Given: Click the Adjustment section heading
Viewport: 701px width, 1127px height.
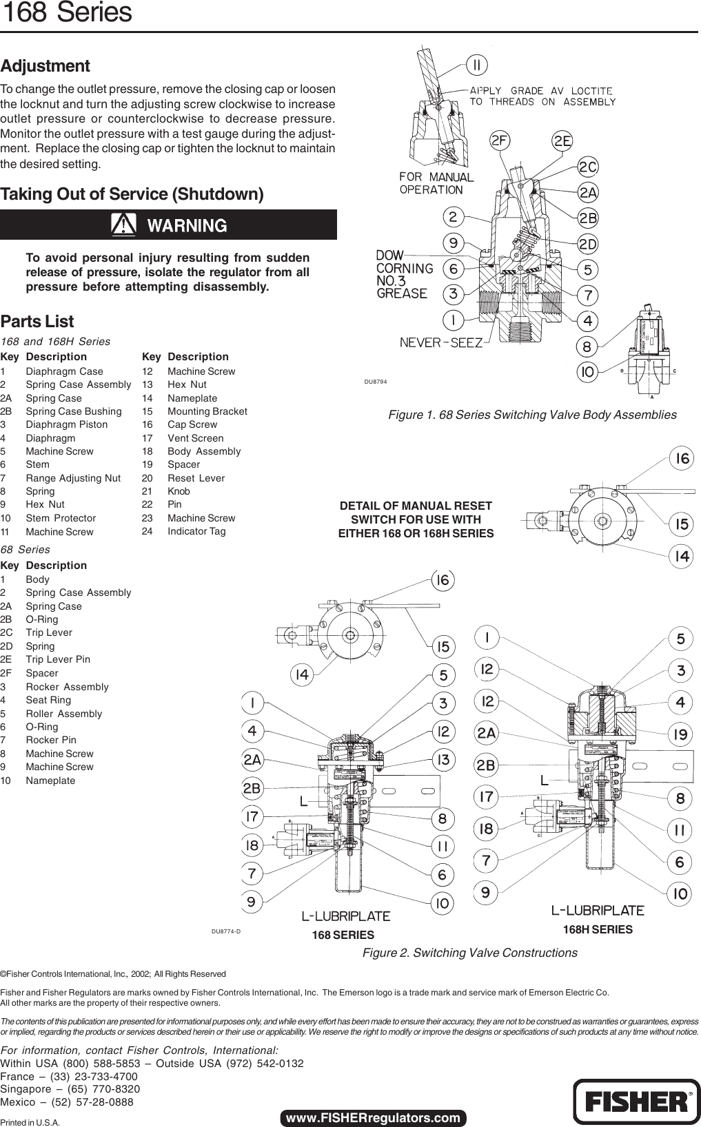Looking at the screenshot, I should [x=45, y=66].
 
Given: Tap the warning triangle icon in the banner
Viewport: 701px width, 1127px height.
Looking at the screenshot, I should [x=123, y=225].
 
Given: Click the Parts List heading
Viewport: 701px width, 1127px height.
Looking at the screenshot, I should [x=37, y=322].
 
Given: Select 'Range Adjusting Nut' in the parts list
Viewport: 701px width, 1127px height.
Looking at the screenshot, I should [x=73, y=478].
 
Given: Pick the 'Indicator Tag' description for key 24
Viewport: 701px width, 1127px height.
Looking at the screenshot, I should [x=196, y=531].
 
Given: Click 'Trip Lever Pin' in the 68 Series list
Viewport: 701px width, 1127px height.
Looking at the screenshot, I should [x=58, y=659].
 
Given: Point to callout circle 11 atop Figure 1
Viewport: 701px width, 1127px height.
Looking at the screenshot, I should [x=476, y=65].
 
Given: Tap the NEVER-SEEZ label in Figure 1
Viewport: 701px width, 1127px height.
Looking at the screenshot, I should [x=441, y=342].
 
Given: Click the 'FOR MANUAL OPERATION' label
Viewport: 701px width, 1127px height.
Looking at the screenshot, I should [x=436, y=183].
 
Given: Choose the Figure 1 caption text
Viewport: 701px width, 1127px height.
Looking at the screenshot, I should [x=532, y=415].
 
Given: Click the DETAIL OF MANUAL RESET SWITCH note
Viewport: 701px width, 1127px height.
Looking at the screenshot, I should [x=416, y=519].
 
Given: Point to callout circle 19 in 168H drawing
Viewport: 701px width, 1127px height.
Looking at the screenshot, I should [x=680, y=734].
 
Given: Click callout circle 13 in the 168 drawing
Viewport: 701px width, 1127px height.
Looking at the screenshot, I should [x=443, y=760].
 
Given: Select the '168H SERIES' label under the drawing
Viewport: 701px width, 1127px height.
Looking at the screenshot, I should [x=598, y=929].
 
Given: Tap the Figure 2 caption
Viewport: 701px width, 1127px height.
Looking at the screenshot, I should [x=469, y=953].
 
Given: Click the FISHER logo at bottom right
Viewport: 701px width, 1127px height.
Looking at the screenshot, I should [x=636, y=1102].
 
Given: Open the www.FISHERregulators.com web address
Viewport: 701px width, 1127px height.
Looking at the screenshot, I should [x=373, y=1117].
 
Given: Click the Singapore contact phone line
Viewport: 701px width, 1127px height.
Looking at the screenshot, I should [x=70, y=1089].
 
